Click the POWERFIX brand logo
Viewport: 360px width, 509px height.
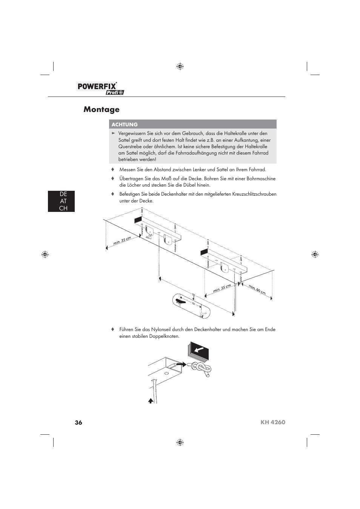[x=97, y=86]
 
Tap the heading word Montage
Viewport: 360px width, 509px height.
[x=102, y=109]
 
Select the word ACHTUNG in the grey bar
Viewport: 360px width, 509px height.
[x=125, y=124]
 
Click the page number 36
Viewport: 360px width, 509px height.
[x=78, y=422]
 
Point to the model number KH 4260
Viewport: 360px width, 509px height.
[x=272, y=422]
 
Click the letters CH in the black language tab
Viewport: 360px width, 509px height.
[x=63, y=208]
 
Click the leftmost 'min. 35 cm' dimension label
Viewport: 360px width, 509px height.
[x=122, y=241]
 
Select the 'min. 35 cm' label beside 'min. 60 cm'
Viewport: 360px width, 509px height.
[x=222, y=288]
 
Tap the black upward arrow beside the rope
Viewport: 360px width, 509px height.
[x=151, y=401]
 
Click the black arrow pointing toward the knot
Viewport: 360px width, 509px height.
[x=181, y=365]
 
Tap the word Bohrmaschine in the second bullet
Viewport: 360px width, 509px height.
[x=261, y=179]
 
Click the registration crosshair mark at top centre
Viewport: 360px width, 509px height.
[x=180, y=67]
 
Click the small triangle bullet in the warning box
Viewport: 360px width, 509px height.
[x=113, y=133]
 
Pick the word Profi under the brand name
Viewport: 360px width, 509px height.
[x=112, y=93]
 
